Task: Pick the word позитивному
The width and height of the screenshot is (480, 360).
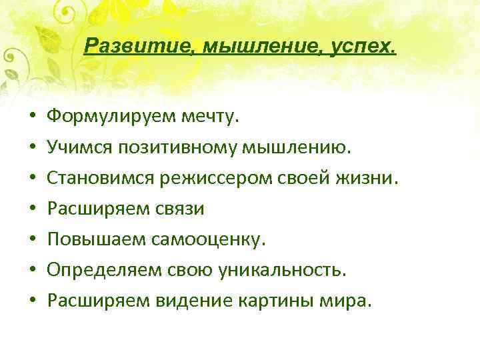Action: (180, 147)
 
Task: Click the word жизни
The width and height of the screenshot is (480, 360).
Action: (377, 178)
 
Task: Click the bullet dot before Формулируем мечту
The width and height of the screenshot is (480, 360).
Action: (32, 118)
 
